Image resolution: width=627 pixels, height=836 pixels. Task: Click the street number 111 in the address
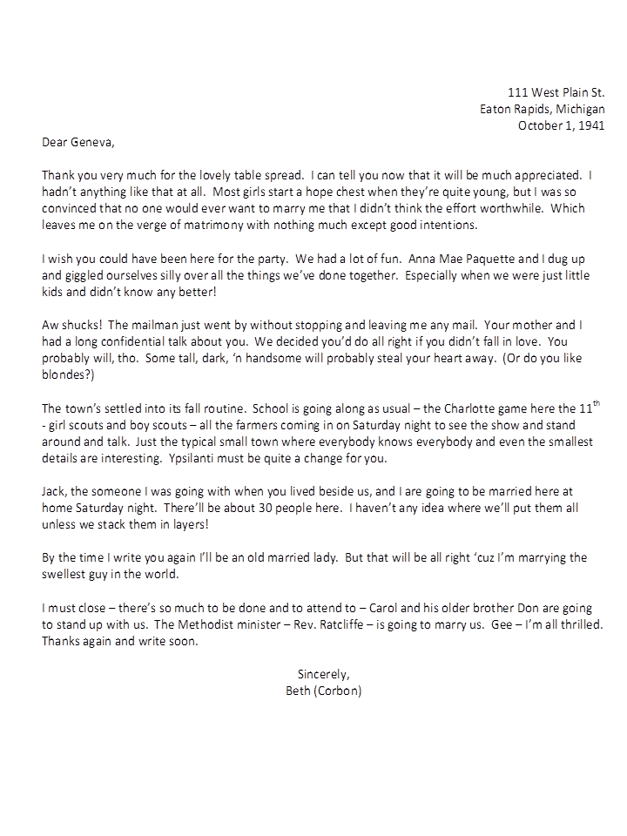click(518, 92)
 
